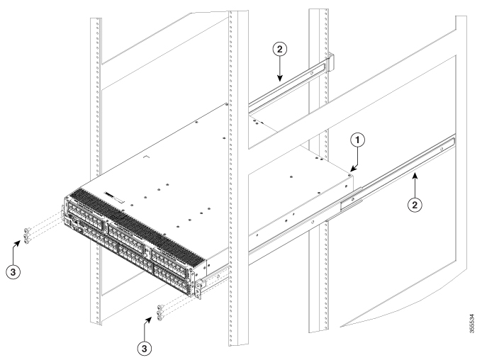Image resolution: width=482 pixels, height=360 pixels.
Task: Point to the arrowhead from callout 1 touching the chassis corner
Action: pyautogui.click(x=352, y=169)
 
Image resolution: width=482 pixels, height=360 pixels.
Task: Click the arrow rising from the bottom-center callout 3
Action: pyautogui.click(x=148, y=325)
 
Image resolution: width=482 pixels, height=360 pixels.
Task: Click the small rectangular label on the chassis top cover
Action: pyautogui.click(x=113, y=193)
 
